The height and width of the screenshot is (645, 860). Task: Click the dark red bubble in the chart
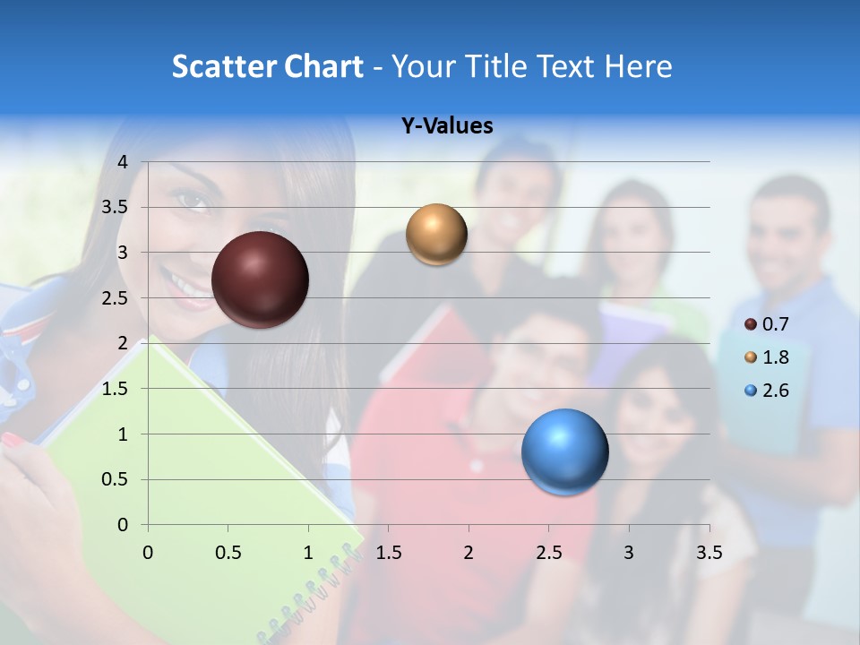pos(260,279)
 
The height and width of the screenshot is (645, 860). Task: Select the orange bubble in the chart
pos(436,235)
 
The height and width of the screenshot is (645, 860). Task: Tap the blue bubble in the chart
pos(564,451)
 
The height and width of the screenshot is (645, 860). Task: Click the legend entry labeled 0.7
pos(767,324)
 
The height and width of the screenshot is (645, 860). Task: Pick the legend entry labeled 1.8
pos(767,357)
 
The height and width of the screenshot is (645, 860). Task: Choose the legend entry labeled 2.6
pos(767,391)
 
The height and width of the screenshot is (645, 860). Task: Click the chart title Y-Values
pos(447,126)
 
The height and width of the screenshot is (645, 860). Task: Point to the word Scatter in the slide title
pos(223,66)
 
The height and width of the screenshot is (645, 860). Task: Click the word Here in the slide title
pos(637,66)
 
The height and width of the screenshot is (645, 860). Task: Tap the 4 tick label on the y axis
pos(123,162)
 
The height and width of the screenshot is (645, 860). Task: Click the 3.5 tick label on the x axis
pos(709,553)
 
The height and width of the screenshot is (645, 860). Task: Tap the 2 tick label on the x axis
pos(469,553)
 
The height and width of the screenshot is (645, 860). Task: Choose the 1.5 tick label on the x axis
pos(389,553)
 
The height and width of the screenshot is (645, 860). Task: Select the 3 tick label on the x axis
pos(629,553)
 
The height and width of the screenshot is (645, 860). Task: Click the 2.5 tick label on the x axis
pos(548,553)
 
